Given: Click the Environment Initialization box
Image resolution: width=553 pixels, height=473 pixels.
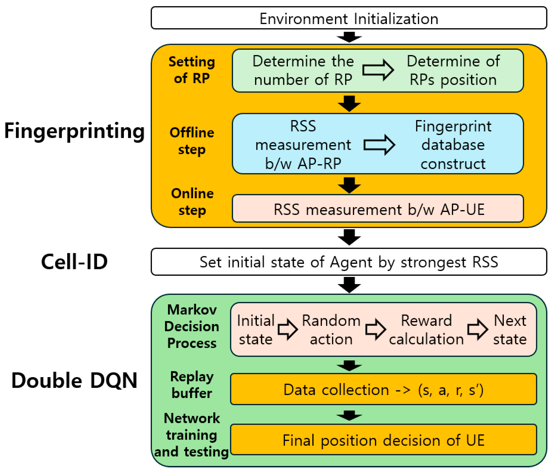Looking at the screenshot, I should pos(349,18).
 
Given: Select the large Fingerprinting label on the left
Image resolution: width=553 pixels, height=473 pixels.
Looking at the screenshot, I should pos(74,131).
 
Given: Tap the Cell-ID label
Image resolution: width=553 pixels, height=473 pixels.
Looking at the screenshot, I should pos(74,262).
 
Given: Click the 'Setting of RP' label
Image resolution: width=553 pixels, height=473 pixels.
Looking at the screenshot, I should pos(192,70).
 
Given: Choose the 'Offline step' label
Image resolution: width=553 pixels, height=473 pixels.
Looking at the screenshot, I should pos(192,141).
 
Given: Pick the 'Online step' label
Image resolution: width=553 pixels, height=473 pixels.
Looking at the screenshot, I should pos(192,202).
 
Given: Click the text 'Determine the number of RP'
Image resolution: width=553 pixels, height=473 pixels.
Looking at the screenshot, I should pos(303,70).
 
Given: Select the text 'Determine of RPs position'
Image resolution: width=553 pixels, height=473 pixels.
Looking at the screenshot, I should pos(453,70).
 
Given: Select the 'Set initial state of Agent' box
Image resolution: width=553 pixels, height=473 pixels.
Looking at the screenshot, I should pos(349,262).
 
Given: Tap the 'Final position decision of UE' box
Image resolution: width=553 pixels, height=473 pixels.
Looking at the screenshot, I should pos(383,440).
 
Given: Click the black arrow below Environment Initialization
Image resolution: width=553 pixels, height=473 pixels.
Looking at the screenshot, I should pos(349,37).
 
